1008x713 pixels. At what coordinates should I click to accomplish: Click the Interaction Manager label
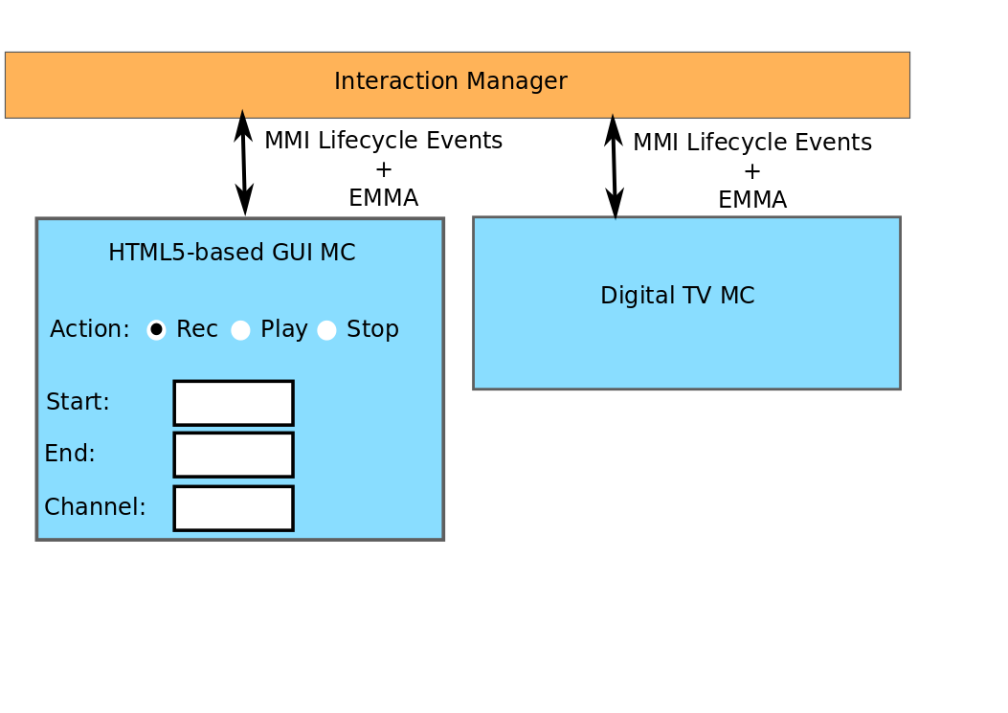[x=450, y=81]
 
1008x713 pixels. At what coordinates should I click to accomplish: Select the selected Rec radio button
[x=156, y=329]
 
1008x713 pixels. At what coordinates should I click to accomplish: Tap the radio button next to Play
[x=240, y=330]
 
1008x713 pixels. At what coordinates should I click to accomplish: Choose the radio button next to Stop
[x=326, y=330]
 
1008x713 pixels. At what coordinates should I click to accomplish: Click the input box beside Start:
[x=234, y=403]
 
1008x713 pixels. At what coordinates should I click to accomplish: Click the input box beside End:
[x=234, y=455]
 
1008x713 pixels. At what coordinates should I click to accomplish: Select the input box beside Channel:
[x=234, y=508]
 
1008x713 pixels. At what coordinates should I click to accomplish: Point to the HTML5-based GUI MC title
[x=232, y=253]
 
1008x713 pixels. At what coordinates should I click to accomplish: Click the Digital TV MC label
[x=677, y=296]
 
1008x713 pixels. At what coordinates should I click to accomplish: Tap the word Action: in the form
[x=89, y=329]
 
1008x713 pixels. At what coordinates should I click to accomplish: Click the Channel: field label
[x=95, y=507]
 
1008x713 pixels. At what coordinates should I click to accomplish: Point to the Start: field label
[x=78, y=402]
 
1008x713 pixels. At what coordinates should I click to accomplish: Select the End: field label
[x=70, y=454]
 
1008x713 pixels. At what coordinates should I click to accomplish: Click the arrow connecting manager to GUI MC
[x=244, y=163]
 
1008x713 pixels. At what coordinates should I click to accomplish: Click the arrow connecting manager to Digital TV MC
[x=615, y=167]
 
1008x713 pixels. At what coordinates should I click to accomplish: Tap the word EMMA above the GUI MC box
[x=383, y=198]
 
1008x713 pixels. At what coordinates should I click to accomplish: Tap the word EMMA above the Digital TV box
[x=751, y=200]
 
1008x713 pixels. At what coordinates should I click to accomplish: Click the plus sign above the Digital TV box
[x=752, y=171]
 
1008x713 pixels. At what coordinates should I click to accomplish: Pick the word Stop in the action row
[x=372, y=329]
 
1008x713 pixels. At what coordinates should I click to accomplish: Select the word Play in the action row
[x=283, y=329]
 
